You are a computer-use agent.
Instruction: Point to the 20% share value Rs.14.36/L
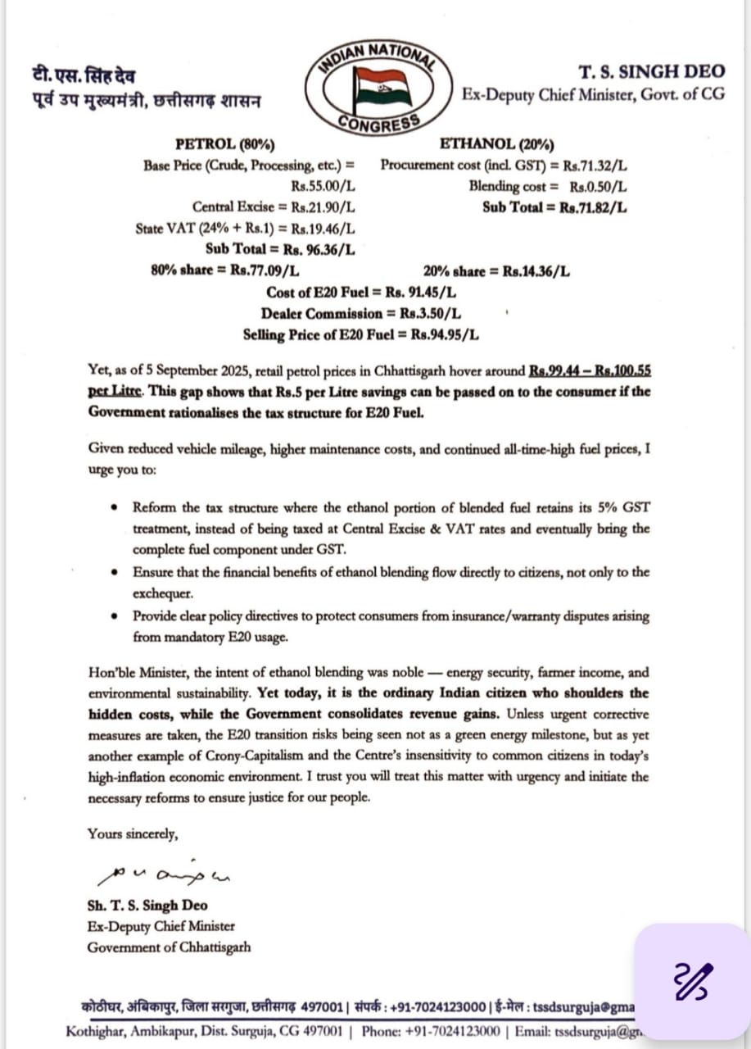point(536,270)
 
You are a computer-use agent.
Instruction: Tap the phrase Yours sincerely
point(131,834)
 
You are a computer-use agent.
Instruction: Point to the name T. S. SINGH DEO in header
point(651,72)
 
